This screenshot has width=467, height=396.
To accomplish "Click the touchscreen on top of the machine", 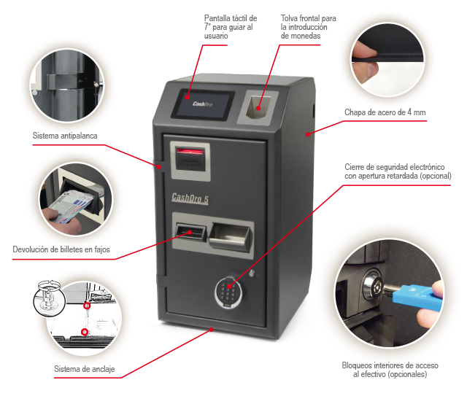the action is coord(203,104).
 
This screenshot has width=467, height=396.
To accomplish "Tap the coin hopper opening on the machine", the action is coord(258,107).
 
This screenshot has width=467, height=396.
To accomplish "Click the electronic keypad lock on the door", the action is coord(228,291).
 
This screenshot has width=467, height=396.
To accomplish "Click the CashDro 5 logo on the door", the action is coord(190,198).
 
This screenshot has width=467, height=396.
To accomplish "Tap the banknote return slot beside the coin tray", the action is coord(190,232).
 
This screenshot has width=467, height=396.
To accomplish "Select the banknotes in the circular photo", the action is coord(71,206).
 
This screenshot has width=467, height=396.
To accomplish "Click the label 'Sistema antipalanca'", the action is coord(65,136).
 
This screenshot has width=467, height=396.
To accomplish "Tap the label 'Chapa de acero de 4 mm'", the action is coord(385,112).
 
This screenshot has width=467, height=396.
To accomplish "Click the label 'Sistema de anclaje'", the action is coord(85,369).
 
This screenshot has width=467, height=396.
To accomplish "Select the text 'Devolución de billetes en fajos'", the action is coord(61,249).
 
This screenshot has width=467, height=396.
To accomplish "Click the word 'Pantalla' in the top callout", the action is coord(217,18).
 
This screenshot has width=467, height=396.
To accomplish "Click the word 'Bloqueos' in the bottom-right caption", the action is coord(357,365).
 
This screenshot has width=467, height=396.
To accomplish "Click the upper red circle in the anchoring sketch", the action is coord(87,306).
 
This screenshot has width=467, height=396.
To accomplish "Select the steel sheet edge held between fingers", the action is coord(387,60).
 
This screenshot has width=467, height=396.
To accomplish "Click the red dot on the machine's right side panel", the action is coord(308,134).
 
